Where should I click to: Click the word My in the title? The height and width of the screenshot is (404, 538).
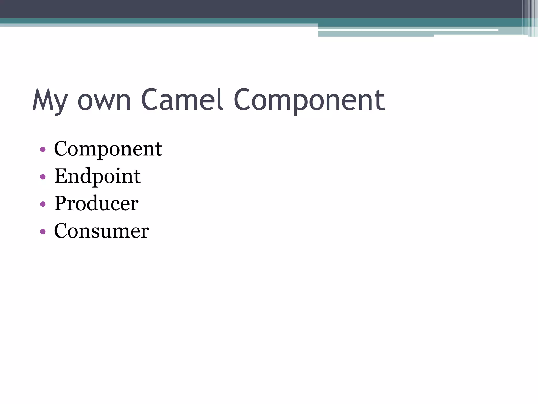50,100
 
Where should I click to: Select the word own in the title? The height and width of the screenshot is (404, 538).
104,100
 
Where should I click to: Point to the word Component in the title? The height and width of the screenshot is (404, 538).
309,100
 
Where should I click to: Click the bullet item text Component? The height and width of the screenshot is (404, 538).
108,149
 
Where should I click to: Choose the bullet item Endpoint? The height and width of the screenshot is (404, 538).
97,176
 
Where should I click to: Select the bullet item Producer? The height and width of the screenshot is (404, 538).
96,203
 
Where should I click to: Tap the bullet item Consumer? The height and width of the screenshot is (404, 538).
101,231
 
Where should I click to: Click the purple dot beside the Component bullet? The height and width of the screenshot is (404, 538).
43,150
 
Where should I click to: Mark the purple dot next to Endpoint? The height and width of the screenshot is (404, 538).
43,177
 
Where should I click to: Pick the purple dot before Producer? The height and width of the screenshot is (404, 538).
43,204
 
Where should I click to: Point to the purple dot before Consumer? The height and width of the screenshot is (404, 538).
43,231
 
